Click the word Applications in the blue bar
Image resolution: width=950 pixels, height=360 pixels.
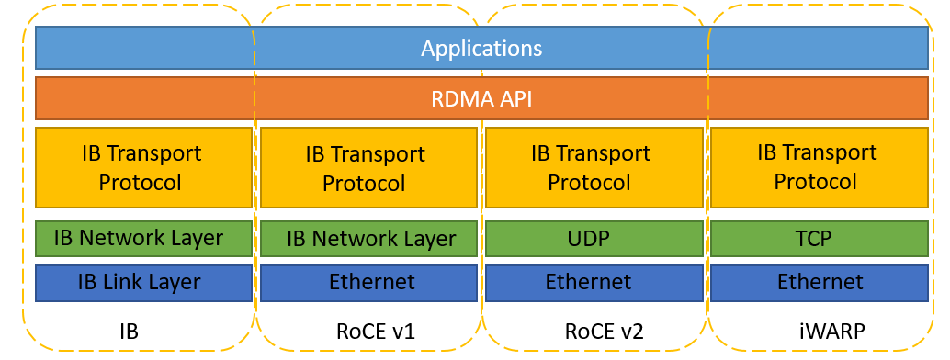tap(481, 48)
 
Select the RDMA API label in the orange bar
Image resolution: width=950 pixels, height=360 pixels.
tap(481, 98)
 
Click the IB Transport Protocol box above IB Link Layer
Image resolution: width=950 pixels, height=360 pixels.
tap(143, 167)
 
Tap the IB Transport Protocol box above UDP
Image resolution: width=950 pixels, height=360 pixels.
tap(590, 167)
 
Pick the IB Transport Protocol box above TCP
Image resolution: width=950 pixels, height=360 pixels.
tap(818, 167)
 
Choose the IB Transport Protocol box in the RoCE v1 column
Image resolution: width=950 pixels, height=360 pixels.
tap(368, 168)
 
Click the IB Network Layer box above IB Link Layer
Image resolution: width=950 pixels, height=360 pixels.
tap(143, 238)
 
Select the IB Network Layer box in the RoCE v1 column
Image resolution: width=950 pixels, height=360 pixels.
tap(368, 239)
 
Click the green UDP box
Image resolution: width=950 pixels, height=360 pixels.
tap(590, 239)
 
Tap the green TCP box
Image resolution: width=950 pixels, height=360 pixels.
tap(818, 239)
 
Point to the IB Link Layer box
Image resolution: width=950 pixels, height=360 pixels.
tap(143, 282)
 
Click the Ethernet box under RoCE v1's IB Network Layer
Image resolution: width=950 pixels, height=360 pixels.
tap(368, 282)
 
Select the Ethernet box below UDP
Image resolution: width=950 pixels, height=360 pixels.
tap(590, 282)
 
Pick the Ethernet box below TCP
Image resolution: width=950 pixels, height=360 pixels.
tap(818, 282)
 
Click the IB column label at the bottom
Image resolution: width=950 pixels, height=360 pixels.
tap(130, 331)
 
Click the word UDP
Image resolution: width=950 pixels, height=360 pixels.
tap(589, 239)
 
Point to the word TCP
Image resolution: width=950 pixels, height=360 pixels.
tap(813, 239)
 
